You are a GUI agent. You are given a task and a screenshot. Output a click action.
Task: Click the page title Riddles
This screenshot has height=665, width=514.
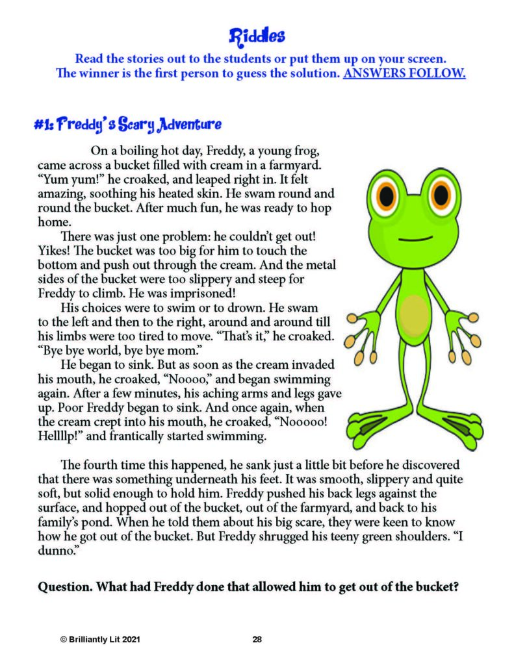coord(257,34)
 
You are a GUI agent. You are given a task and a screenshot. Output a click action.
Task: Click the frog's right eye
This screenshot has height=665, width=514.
coord(441,194)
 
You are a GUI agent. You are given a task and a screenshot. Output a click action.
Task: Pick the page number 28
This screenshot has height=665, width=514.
coord(257,640)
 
